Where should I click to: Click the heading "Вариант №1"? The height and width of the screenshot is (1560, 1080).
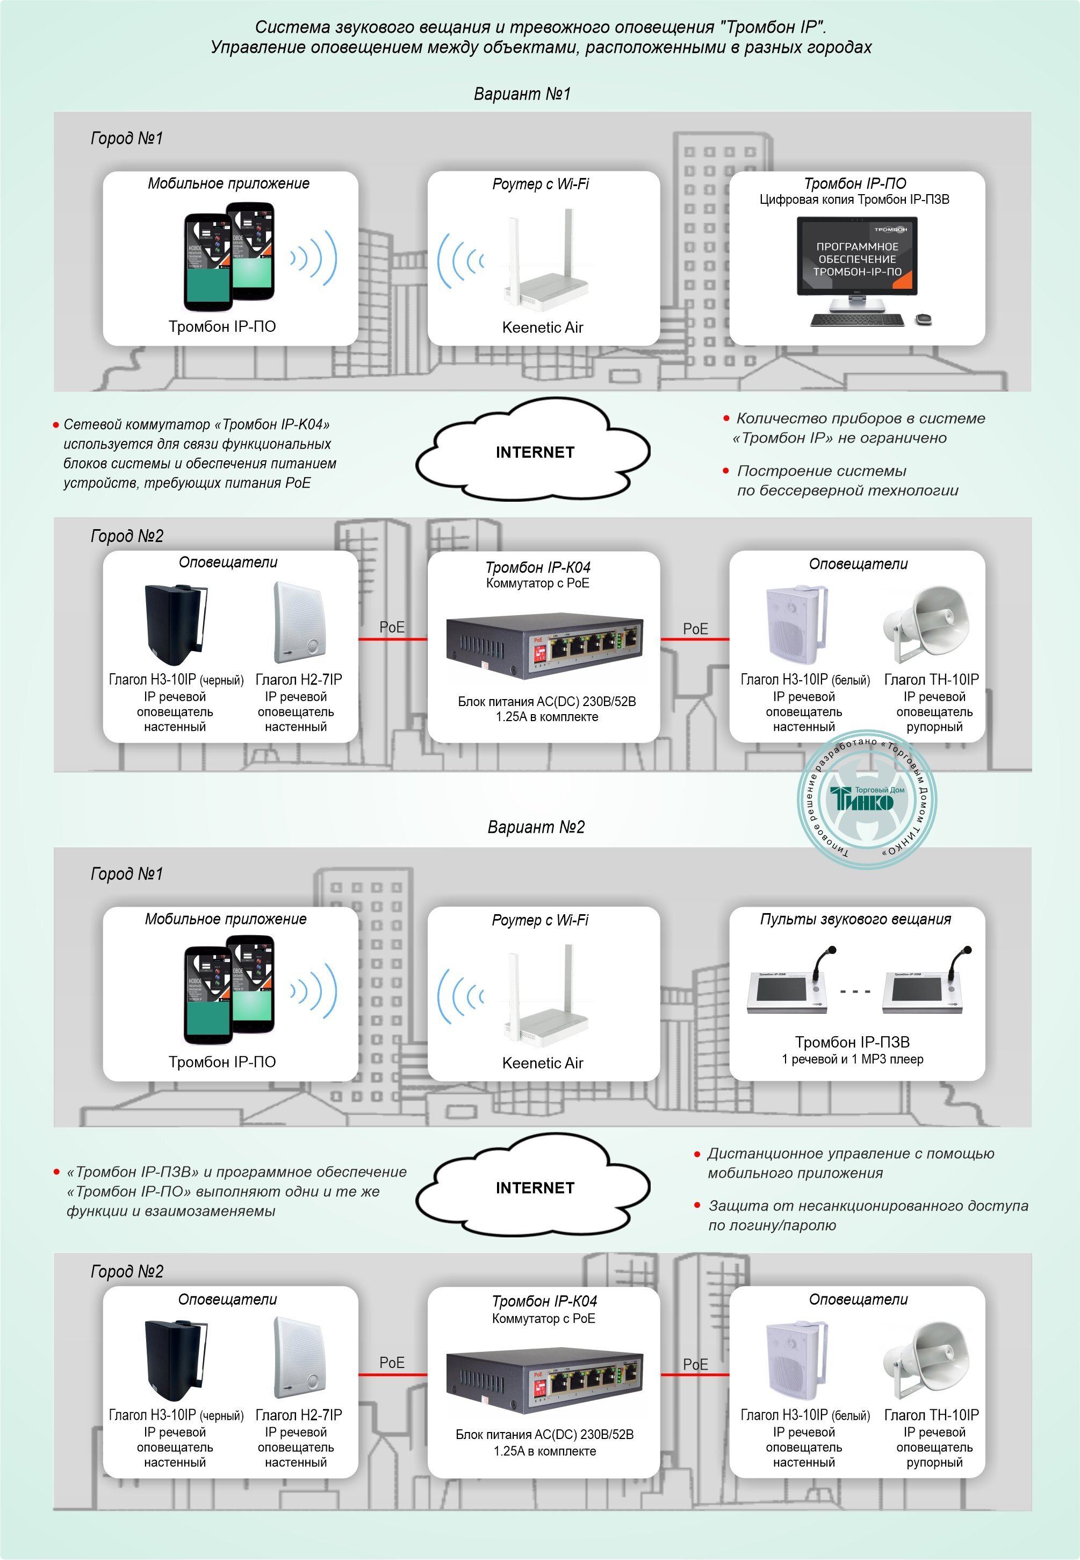(x=522, y=94)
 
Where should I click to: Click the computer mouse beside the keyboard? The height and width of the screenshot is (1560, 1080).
(x=923, y=318)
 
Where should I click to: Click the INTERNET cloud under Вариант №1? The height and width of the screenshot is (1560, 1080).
(x=534, y=452)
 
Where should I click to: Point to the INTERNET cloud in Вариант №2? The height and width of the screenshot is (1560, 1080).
(x=534, y=1187)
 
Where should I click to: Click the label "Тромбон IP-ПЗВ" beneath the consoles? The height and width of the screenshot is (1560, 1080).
(x=852, y=1042)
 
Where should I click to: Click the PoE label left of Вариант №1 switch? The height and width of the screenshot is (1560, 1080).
(x=392, y=627)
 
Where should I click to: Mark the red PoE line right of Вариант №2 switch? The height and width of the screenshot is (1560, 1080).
(x=695, y=1374)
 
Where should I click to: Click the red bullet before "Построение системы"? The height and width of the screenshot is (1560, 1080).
(x=726, y=471)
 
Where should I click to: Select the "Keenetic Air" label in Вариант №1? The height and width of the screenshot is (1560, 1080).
(x=542, y=327)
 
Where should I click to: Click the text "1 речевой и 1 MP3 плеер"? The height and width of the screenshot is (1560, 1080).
(x=852, y=1059)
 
